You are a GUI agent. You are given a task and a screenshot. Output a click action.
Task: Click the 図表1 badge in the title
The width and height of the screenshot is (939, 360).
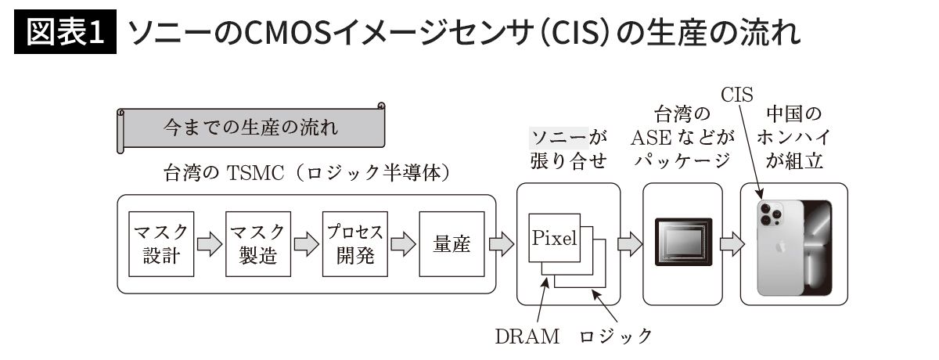click(x=65, y=33)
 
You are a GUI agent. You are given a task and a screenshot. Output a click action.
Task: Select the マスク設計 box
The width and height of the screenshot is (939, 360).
click(x=161, y=244)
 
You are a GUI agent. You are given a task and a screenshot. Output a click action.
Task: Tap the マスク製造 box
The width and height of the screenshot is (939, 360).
click(x=257, y=244)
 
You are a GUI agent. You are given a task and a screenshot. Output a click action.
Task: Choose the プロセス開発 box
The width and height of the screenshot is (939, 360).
click(x=354, y=244)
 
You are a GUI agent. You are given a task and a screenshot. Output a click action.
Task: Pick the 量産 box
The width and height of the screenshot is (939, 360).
click(x=452, y=244)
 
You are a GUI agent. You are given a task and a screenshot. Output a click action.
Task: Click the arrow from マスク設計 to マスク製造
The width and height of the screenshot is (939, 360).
click(x=209, y=244)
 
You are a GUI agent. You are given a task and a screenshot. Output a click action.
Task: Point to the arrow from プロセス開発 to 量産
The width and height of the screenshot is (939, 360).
click(x=403, y=244)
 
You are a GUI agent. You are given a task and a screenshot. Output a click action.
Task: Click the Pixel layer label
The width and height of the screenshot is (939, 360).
click(x=554, y=238)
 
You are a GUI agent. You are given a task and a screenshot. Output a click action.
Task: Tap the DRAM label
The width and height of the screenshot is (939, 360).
click(x=527, y=337)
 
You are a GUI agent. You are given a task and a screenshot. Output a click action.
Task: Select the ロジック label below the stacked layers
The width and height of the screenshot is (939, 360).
click(x=615, y=337)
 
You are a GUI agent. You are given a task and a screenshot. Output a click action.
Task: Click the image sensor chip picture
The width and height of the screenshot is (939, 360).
click(x=682, y=243)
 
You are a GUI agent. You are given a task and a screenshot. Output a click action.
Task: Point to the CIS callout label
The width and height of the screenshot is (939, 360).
click(x=736, y=95)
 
